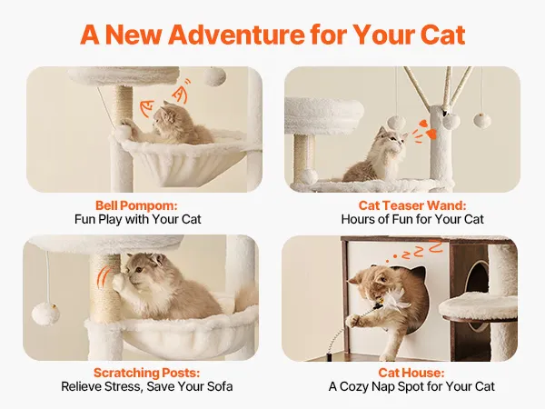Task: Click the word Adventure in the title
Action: click(x=237, y=35)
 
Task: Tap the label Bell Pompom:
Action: click(x=136, y=205)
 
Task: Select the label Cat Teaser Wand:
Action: click(x=412, y=205)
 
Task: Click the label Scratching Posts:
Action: click(x=146, y=373)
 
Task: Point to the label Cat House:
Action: click(x=411, y=373)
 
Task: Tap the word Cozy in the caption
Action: click(x=353, y=387)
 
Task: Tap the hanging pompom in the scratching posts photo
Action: click(x=45, y=314)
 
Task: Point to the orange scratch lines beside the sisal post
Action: click(x=104, y=277)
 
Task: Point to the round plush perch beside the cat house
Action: click(x=478, y=306)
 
